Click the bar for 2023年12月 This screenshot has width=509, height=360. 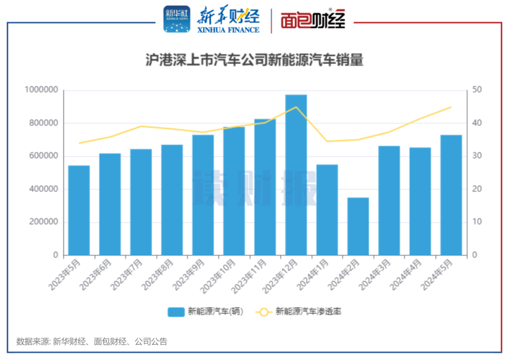point(296,175)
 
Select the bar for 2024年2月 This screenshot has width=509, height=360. point(358,226)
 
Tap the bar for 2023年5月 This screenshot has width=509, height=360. point(79,210)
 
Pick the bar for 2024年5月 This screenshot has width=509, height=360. point(451,195)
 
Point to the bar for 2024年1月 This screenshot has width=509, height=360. point(327,210)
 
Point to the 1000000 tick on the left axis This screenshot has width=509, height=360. point(42,90)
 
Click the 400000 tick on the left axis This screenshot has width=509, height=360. point(44,189)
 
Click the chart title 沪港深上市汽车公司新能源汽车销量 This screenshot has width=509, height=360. point(254,60)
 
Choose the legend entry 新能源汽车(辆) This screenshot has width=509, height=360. point(206,311)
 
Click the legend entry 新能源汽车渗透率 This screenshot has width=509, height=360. point(298,311)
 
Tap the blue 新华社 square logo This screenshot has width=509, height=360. point(176,19)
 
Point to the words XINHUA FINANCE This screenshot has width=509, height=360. point(229,30)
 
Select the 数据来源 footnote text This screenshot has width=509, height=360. point(91,342)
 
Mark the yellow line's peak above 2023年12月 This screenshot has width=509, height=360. point(296,107)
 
